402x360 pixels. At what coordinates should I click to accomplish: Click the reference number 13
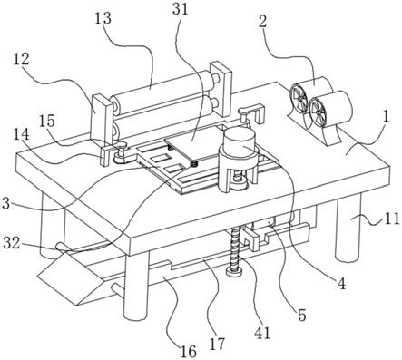(103, 19)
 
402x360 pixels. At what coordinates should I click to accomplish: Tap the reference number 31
(180, 9)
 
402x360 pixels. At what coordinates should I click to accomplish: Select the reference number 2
(262, 22)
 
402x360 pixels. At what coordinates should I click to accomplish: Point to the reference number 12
(21, 59)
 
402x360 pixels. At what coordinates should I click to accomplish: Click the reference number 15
(47, 122)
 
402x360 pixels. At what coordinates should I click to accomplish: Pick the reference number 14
(22, 134)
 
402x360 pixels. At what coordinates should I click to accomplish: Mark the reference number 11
(392, 219)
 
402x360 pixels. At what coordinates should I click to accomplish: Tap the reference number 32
(12, 243)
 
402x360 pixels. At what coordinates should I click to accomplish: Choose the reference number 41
(262, 334)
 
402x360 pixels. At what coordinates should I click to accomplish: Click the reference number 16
(189, 352)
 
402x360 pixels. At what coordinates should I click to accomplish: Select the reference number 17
(218, 344)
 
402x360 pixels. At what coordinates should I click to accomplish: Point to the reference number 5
(302, 315)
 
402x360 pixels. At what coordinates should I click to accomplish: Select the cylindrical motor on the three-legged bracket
(240, 141)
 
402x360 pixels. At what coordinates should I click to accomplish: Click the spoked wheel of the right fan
(319, 111)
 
